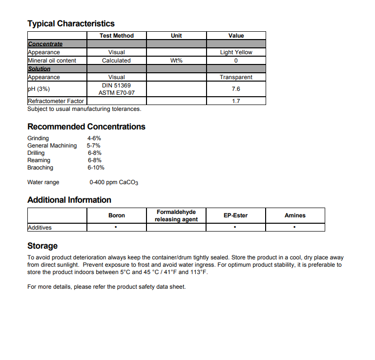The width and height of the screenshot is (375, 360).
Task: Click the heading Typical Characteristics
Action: [x=71, y=23]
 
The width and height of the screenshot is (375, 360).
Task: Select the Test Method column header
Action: [x=116, y=36]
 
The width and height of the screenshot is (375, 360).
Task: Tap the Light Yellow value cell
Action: [x=236, y=52]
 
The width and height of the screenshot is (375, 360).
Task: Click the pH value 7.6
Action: [x=236, y=89]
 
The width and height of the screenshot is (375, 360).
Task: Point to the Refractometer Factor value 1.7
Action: [x=236, y=101]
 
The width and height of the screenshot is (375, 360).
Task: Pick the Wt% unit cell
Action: [x=176, y=61]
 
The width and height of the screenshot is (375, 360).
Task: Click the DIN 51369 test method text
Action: [x=116, y=85]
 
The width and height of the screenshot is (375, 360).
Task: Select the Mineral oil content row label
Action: [x=52, y=61]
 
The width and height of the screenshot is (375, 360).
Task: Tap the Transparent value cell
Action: [x=236, y=77]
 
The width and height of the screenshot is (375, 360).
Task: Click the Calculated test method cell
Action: [x=116, y=61]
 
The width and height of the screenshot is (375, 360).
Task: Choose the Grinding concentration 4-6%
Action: [x=94, y=138]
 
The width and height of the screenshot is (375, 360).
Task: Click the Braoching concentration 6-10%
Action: [x=96, y=168]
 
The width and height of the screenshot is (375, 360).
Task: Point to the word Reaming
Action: [x=39, y=160]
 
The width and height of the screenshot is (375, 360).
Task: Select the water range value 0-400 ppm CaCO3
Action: [x=114, y=183]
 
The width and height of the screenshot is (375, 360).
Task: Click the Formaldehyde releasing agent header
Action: [x=176, y=215]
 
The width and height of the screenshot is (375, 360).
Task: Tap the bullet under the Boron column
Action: [x=116, y=228]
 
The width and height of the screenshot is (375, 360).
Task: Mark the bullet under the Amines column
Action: [x=295, y=228]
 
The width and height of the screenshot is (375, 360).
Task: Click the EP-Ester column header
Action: [x=235, y=215]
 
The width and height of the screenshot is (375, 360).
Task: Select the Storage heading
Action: [x=42, y=246]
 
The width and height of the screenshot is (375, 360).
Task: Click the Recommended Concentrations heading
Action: [x=86, y=127]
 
